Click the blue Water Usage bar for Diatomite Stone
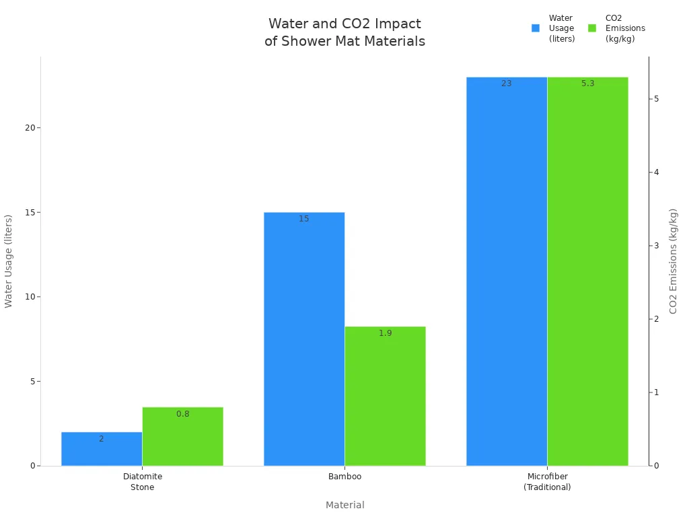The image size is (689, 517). [x=102, y=449]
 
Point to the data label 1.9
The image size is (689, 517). [x=385, y=333]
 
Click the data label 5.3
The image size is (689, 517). [x=587, y=83]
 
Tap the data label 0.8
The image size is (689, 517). [x=182, y=414]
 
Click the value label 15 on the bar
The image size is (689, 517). [x=304, y=219]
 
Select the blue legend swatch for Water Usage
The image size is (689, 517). [x=536, y=28]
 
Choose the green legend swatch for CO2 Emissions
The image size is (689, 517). [x=592, y=28]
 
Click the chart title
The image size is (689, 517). [x=344, y=32]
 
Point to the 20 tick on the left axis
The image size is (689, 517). [x=30, y=128]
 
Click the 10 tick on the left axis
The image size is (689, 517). [x=30, y=297]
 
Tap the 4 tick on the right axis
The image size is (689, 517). [x=655, y=172]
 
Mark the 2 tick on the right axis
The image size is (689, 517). [x=655, y=319]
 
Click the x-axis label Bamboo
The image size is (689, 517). [x=344, y=477]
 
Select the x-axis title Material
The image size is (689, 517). [x=344, y=505]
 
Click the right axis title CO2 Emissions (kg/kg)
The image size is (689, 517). [x=673, y=261]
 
